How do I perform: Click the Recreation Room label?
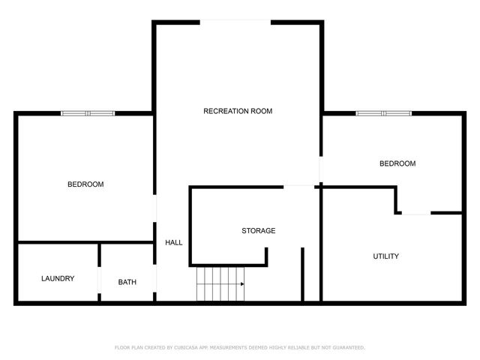tap(238, 111)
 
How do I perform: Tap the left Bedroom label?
tap(85, 184)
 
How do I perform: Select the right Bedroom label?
tap(397, 163)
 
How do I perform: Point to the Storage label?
tap(258, 231)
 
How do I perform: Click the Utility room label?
tap(385, 256)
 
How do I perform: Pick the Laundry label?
tap(58, 279)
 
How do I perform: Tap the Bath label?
tap(127, 283)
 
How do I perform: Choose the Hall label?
tap(173, 242)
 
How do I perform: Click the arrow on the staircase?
tap(241, 284)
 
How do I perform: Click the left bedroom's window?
tap(88, 113)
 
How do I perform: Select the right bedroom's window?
tap(383, 113)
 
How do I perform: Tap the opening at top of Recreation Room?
tap(235, 22)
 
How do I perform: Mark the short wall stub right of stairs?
tap(302, 274)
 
